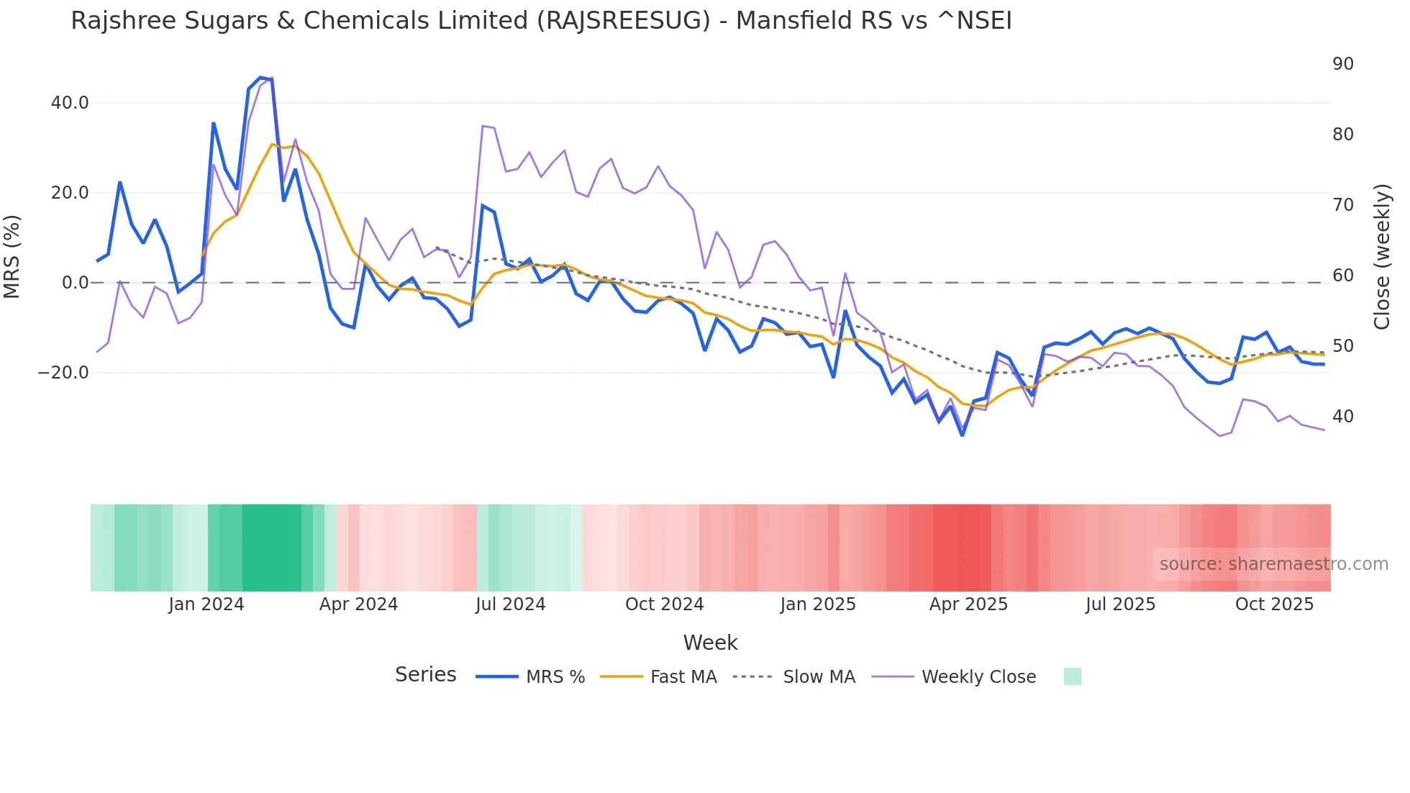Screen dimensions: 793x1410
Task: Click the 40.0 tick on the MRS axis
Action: [70, 103]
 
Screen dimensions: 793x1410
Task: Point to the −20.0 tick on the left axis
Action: [64, 373]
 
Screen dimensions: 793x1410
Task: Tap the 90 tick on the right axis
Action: [1342, 64]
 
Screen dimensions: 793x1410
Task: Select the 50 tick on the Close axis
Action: [1342, 346]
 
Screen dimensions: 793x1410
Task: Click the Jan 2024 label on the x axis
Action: [206, 604]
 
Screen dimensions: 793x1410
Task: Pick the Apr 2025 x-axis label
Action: [968, 604]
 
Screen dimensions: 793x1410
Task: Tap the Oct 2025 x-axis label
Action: [1274, 604]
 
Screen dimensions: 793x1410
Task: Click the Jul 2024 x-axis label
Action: [510, 604]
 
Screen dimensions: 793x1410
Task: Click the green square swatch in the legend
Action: [1072, 676]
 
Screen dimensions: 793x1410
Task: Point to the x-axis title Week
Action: [710, 643]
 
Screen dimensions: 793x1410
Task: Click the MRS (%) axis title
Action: [12, 256]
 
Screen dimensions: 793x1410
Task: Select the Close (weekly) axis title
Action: [1382, 256]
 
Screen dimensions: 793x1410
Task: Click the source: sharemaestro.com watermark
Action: [1273, 564]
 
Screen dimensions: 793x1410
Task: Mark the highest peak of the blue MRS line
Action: [260, 77]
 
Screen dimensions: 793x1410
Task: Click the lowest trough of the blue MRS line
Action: [963, 435]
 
